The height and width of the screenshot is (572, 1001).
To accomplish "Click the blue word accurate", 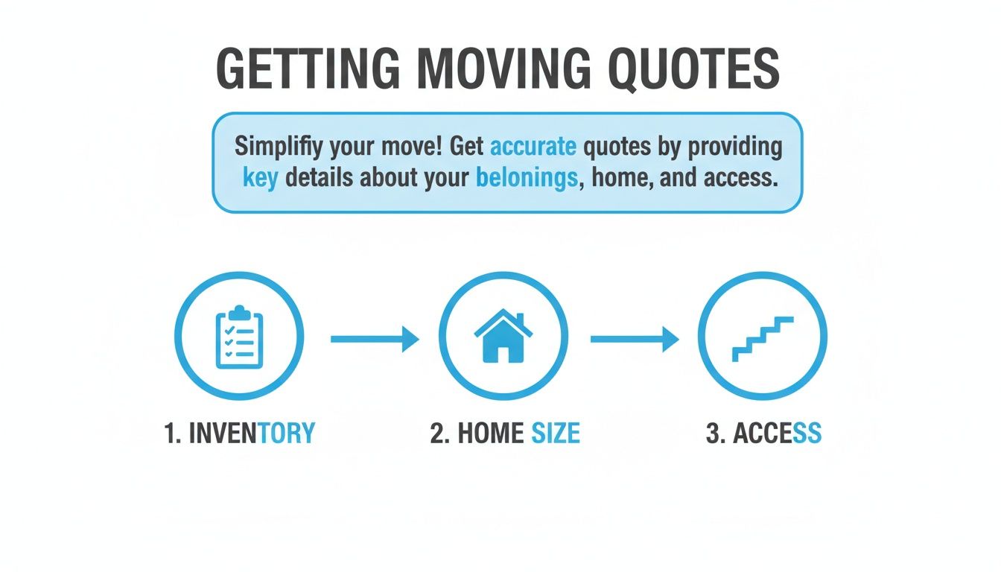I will point(533,146).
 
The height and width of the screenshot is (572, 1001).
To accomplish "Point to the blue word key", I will point(259,179).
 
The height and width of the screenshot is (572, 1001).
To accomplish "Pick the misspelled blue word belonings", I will point(524,179).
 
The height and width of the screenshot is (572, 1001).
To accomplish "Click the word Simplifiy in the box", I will point(282,146).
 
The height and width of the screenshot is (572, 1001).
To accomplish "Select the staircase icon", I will point(762,339).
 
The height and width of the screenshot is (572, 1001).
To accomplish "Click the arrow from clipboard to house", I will point(375,340).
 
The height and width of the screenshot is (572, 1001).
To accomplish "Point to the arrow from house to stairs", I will point(635,340).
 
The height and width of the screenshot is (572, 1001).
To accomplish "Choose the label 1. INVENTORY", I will point(239,433).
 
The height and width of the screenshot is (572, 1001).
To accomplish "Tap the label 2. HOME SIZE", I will point(504,433).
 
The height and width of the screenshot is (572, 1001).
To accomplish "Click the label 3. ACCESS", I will point(763,433).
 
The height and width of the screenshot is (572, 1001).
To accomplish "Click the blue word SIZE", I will point(555,433).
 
